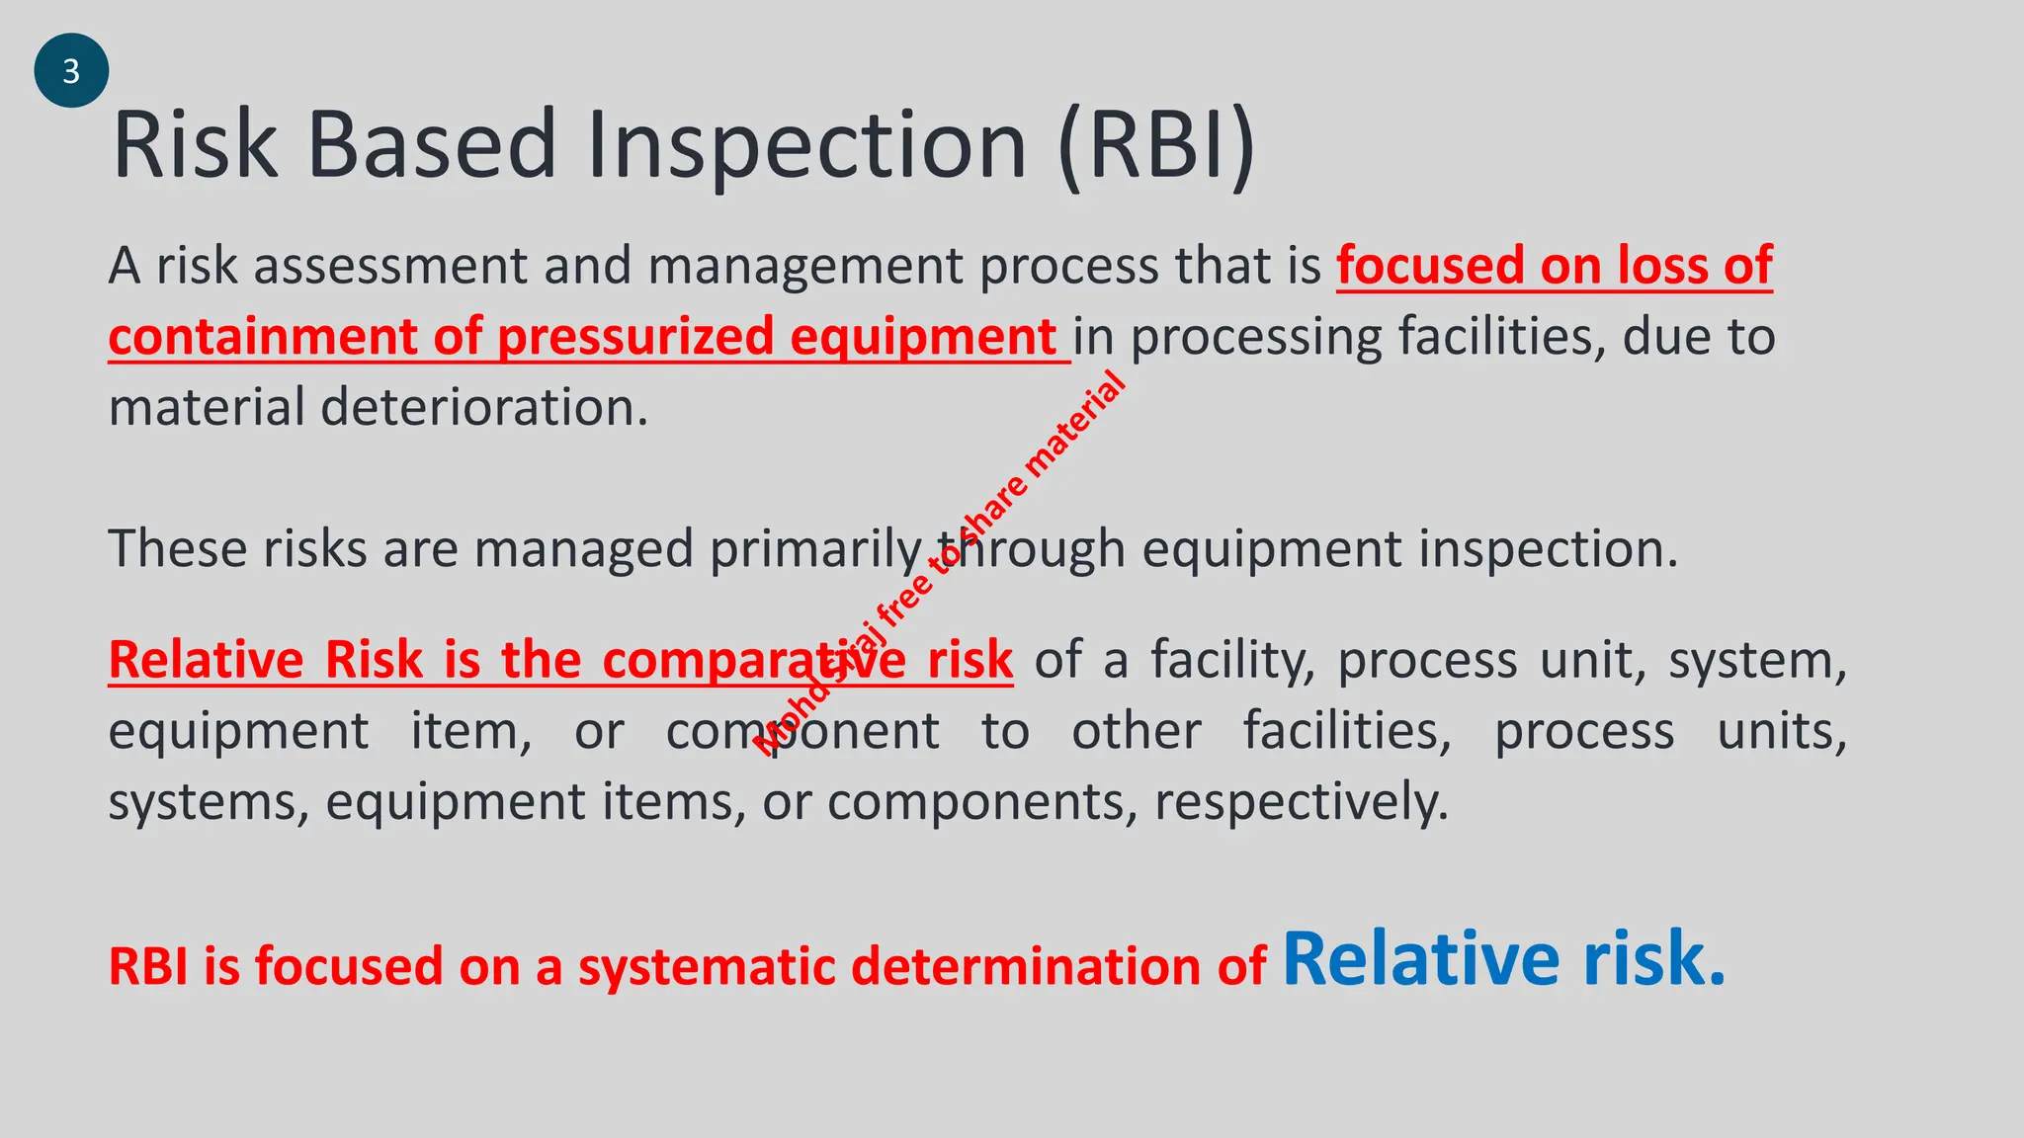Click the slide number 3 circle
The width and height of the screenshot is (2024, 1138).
(x=71, y=71)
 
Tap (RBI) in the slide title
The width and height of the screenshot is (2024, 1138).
(x=1156, y=146)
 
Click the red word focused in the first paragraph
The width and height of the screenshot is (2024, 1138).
(x=1429, y=266)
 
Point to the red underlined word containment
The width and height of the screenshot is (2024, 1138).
(x=261, y=337)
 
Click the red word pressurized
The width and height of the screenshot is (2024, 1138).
(x=635, y=337)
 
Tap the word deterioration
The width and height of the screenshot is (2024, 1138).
(x=484, y=407)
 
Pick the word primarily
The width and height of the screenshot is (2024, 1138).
(x=815, y=549)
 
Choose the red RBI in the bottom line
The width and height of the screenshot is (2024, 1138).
(x=148, y=966)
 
